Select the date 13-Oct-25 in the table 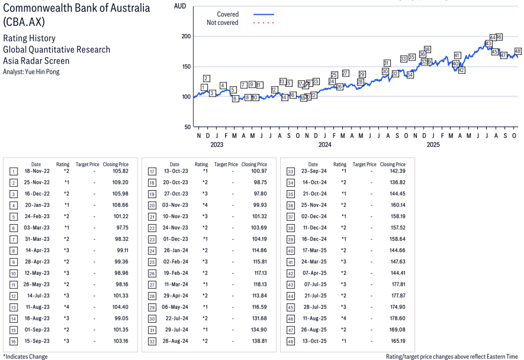(313, 341)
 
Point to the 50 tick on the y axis (187, 127)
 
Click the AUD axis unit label (180, 5)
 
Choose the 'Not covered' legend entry (222, 23)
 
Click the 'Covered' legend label (227, 14)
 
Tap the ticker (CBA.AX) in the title (24, 23)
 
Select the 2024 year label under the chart (325, 145)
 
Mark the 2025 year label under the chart (433, 145)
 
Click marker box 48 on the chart (517, 51)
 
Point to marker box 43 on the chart (488, 43)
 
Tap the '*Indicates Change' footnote (26, 357)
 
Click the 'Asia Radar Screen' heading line (36, 61)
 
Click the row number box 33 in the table (291, 171)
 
